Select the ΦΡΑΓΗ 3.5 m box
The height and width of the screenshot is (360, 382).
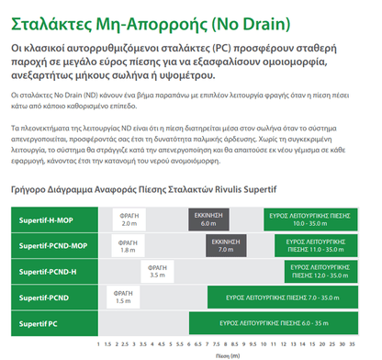pos(157,271)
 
